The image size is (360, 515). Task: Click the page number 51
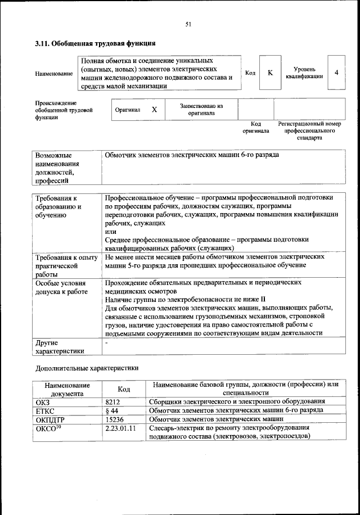coord(188,24)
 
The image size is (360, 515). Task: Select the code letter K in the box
coord(270,73)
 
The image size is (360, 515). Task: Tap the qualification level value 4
coord(336,73)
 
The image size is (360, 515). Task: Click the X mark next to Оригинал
coord(154,110)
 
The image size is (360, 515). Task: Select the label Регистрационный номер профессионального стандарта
coord(309,130)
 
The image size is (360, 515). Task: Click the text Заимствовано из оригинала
coord(201,109)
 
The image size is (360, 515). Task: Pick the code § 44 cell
coord(111,410)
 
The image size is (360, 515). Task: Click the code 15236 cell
coord(115,419)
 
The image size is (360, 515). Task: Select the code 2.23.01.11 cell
coord(121,428)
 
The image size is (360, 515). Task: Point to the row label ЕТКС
coord(46,410)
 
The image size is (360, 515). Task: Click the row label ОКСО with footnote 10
coord(48,428)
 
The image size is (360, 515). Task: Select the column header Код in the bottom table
coord(124,389)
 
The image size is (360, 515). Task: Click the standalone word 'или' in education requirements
coord(111,232)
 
